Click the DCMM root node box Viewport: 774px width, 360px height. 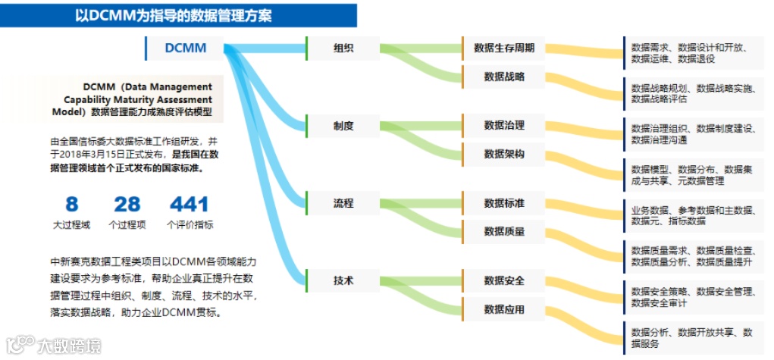coord(186,48)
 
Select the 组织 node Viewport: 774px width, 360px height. coord(343,48)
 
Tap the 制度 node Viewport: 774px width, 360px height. coord(343,125)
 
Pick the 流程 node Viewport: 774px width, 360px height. coord(343,203)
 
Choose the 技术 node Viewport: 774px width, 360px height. coord(343,280)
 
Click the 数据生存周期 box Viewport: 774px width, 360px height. coord(504,48)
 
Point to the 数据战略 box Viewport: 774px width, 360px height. coord(504,76)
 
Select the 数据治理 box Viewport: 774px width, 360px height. coord(504,125)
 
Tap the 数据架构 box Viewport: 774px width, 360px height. coord(504,154)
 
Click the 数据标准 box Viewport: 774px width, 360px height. coord(504,203)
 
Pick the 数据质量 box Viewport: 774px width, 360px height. coord(504,231)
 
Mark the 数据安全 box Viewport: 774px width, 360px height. coord(504,280)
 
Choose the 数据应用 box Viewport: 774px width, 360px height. coord(504,309)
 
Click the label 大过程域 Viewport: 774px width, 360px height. coord(71,224)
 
